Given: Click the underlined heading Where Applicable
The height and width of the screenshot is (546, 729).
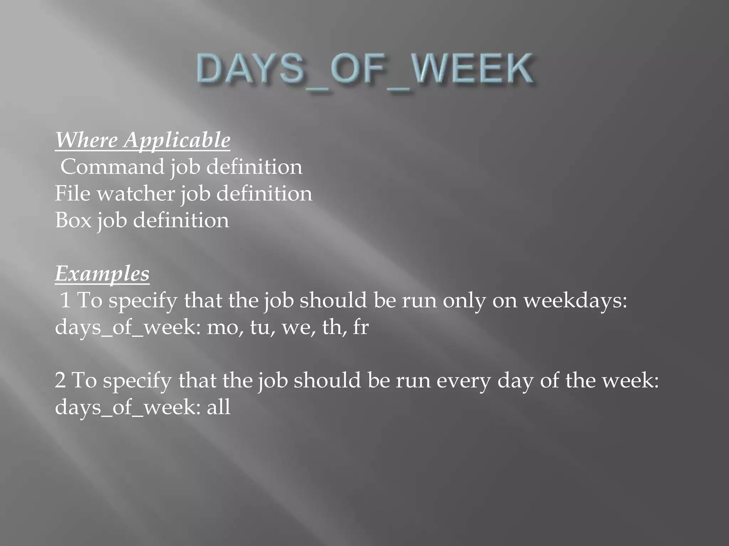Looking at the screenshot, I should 143,140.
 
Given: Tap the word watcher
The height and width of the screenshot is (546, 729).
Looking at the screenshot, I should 136,193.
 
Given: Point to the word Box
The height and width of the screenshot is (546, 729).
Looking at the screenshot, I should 73,220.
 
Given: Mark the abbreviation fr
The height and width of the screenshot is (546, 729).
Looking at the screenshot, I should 361,327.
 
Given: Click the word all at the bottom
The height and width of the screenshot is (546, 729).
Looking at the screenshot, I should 219,407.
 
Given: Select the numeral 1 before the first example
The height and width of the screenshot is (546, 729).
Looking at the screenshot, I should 65,300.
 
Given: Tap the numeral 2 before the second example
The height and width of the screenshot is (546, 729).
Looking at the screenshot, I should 61,380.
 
